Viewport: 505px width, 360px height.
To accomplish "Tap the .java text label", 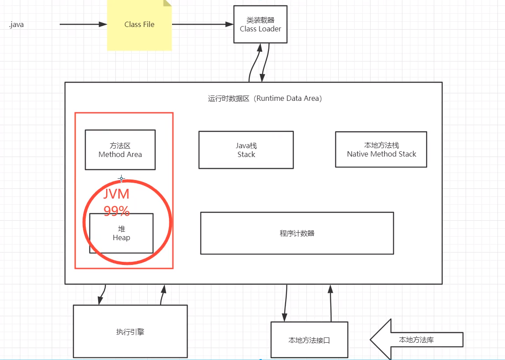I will pyautogui.click(x=16, y=25).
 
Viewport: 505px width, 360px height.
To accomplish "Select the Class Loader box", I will pyautogui.click(x=260, y=24).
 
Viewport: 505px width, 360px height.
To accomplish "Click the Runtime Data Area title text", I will pyautogui.click(x=265, y=99).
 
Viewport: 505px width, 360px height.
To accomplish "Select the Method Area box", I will pyautogui.click(x=120, y=150).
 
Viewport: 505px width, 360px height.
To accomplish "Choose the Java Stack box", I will pyautogui.click(x=246, y=150).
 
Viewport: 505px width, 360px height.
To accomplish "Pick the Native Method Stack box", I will pyautogui.click(x=381, y=149).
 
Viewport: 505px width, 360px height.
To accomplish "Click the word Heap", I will pyautogui.click(x=121, y=238).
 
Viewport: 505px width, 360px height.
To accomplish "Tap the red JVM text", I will pyautogui.click(x=116, y=194).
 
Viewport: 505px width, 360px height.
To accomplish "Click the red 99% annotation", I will pyautogui.click(x=117, y=211).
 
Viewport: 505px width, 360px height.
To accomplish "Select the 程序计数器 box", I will pyautogui.click(x=297, y=233).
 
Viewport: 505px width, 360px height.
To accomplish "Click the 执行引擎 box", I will pyautogui.click(x=130, y=331).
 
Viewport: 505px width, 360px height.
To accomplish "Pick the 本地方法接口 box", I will pyautogui.click(x=309, y=340).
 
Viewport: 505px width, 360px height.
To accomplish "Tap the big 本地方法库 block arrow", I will pyautogui.click(x=416, y=340).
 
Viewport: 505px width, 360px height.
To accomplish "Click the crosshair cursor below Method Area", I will pyautogui.click(x=122, y=179).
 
